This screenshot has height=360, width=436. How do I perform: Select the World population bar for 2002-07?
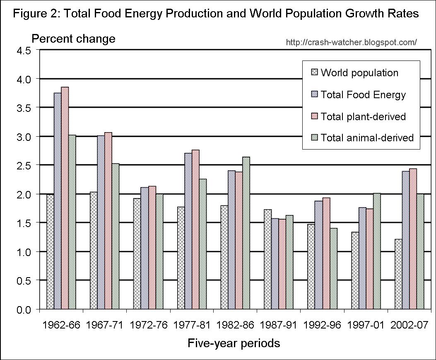click(x=398, y=274)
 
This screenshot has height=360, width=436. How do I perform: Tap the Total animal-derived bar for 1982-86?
click(x=246, y=233)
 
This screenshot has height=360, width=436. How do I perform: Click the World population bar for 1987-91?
click(x=268, y=259)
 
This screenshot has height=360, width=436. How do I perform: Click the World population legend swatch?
click(x=315, y=73)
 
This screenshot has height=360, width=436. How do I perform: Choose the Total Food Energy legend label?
click(x=363, y=95)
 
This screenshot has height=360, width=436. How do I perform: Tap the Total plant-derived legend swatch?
click(x=315, y=116)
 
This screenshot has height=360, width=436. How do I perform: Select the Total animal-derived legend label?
click(x=367, y=138)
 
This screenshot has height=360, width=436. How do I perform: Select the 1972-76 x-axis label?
click(x=148, y=325)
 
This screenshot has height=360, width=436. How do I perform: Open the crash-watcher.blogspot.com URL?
click(x=351, y=42)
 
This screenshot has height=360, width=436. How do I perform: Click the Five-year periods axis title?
click(x=234, y=343)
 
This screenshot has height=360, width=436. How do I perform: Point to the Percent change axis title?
click(x=74, y=39)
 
